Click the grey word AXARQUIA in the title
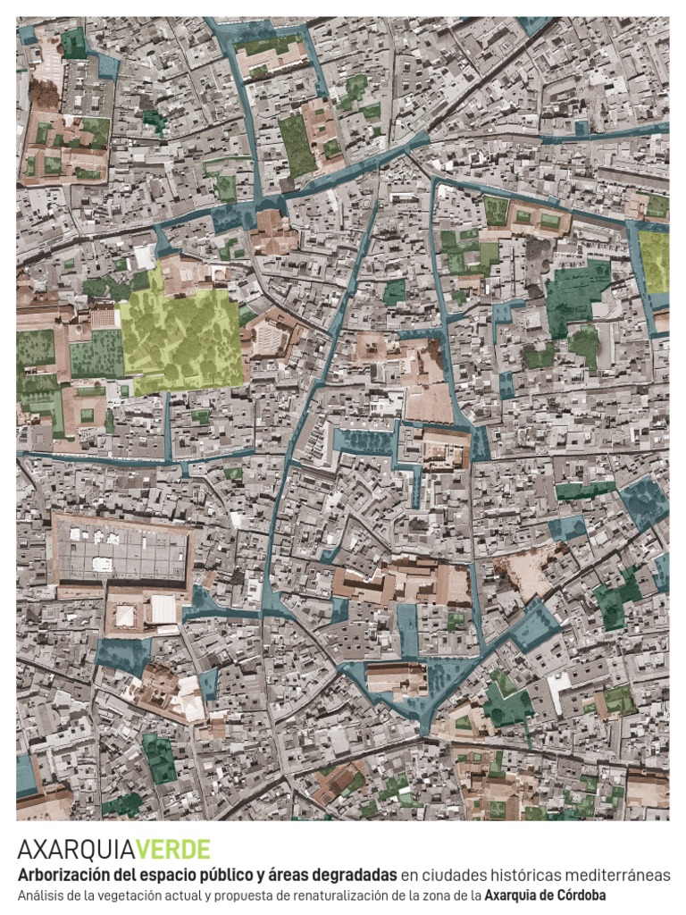[x=75, y=849]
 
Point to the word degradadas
[x=353, y=875]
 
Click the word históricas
[x=524, y=875]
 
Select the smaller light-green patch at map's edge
[x=654, y=261]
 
